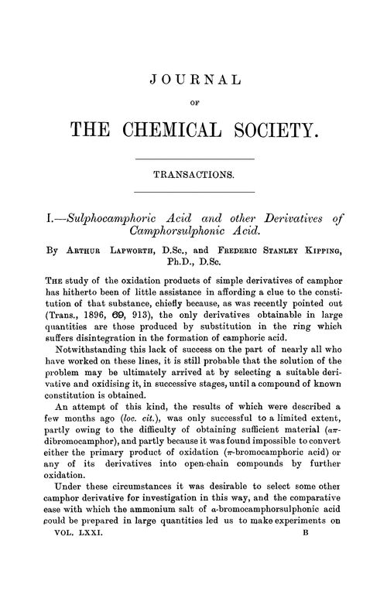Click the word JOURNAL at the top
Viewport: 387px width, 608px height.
[x=193, y=80]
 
